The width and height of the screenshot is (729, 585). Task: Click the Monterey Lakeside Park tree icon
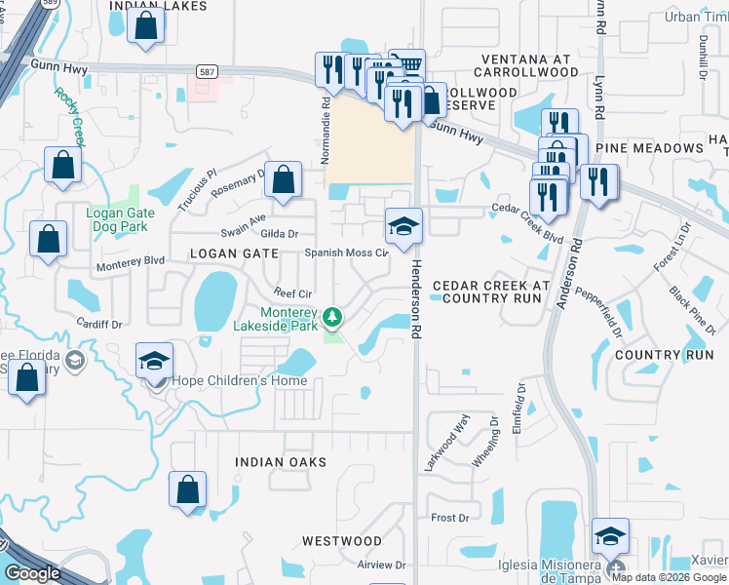333,317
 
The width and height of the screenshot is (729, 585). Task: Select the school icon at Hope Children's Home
154,360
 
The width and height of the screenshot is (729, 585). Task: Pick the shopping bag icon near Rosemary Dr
283,179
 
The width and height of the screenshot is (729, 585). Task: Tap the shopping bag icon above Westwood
186,489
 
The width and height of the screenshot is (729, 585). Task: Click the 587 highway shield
207,71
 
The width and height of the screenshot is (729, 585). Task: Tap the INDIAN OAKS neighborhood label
281,461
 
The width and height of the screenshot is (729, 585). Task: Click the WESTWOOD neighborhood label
341,540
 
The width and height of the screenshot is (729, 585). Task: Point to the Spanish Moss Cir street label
347,252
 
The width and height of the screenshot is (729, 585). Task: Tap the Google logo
32,573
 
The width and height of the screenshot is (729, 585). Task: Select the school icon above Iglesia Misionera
610,535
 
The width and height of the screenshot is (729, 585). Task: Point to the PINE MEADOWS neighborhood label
649,148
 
